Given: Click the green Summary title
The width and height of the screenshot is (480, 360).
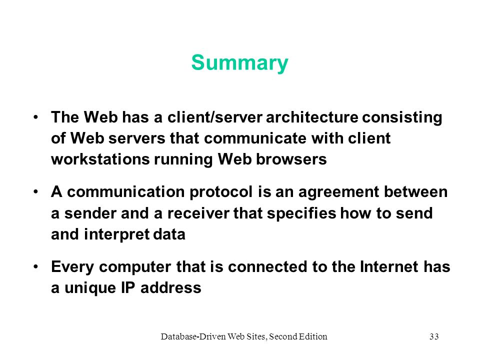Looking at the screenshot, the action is point(239,63).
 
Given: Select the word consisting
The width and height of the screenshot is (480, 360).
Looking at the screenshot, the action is point(402,118).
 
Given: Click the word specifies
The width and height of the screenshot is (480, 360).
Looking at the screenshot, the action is point(301,213).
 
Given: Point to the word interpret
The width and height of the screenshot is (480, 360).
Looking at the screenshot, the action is point(116,235).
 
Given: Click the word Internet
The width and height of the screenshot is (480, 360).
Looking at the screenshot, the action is point(389,266).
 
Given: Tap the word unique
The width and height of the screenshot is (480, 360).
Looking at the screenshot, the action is point(90,288).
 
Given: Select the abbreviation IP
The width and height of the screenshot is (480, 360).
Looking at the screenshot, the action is point(128,288).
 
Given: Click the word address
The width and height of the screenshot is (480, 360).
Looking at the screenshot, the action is point(171,288).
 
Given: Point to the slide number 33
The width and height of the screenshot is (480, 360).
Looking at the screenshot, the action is point(434,336).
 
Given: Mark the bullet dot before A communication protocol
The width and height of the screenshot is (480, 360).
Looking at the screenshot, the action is point(36,192).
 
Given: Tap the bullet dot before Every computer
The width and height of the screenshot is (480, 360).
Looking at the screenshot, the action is point(36,266).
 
